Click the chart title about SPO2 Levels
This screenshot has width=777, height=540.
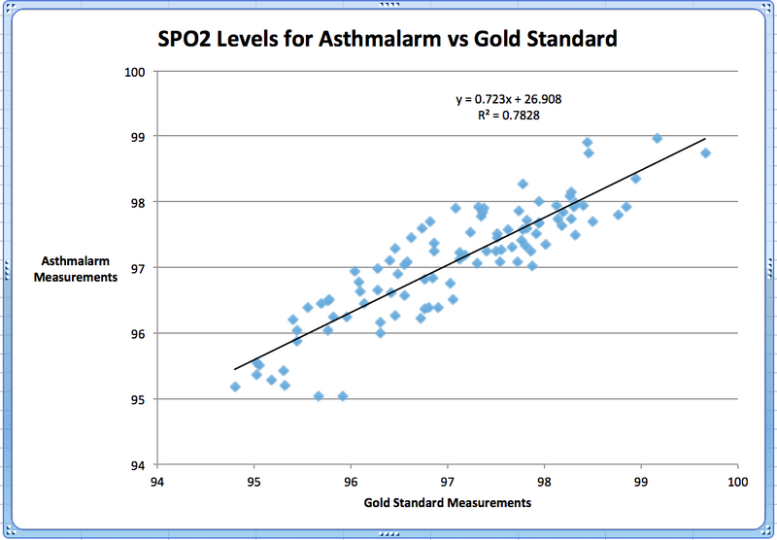pyautogui.click(x=388, y=41)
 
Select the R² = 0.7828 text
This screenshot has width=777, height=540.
pyautogui.click(x=509, y=116)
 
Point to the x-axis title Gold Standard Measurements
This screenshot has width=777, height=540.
pyautogui.click(x=448, y=503)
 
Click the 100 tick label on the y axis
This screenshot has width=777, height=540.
pyautogui.click(x=135, y=72)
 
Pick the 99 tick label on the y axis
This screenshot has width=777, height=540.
pyautogui.click(x=138, y=137)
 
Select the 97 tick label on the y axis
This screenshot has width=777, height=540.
pyautogui.click(x=138, y=268)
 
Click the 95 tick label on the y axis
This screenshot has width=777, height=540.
pyautogui.click(x=138, y=399)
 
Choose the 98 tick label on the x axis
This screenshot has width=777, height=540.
pyautogui.click(x=544, y=480)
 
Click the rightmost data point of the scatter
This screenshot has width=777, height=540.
pyautogui.click(x=706, y=152)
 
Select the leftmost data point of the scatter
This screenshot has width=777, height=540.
pyautogui.click(x=235, y=387)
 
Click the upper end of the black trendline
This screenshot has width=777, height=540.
pyautogui.click(x=705, y=139)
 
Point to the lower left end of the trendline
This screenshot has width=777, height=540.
pyautogui.click(x=235, y=369)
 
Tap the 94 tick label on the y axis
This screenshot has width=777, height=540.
pyautogui.click(x=138, y=465)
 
